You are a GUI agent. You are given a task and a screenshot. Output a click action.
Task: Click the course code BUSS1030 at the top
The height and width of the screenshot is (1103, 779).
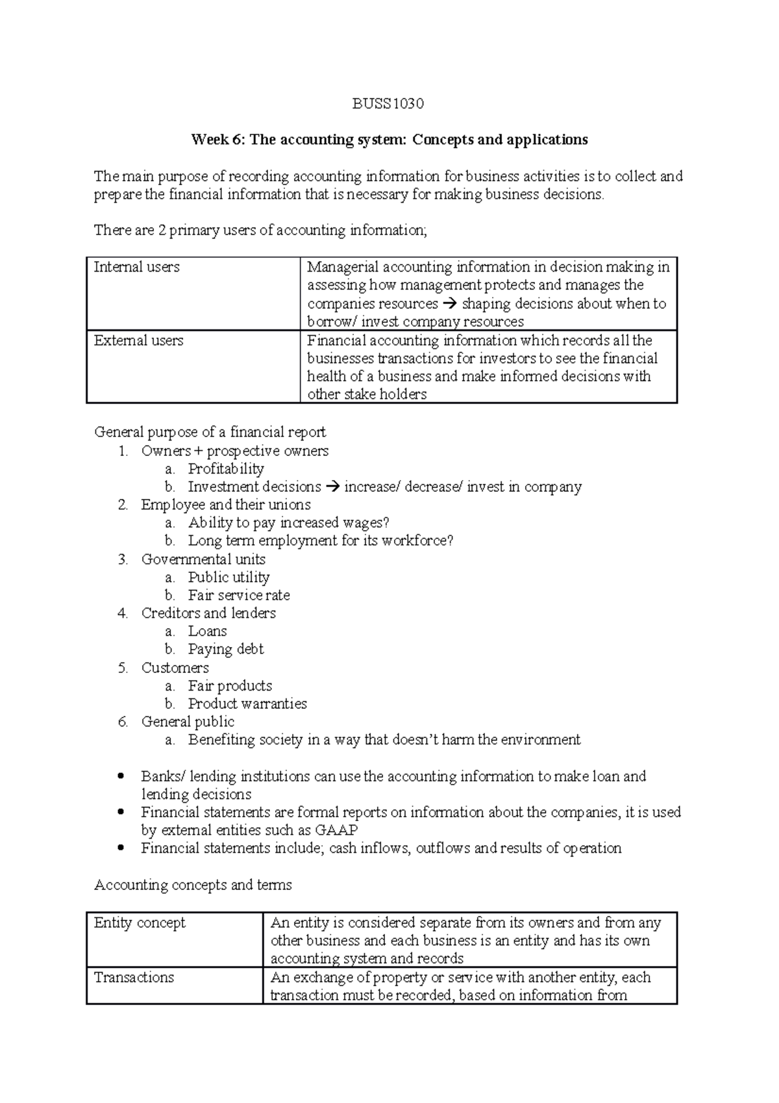pyautogui.click(x=388, y=104)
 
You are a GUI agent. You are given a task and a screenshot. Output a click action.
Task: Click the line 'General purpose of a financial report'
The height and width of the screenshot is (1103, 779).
pyautogui.click(x=210, y=432)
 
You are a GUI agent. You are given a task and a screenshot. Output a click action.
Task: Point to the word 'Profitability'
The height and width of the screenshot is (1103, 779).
pyautogui.click(x=226, y=469)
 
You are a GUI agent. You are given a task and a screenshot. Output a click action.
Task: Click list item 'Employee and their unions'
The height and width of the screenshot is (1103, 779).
pyautogui.click(x=225, y=505)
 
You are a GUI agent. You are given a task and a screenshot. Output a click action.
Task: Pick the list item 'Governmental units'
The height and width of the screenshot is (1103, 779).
pyautogui.click(x=203, y=559)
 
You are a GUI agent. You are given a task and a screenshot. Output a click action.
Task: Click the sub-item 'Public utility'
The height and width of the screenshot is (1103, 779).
pyautogui.click(x=229, y=577)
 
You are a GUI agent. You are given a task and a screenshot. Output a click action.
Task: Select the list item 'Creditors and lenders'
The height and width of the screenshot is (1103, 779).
pyautogui.click(x=208, y=613)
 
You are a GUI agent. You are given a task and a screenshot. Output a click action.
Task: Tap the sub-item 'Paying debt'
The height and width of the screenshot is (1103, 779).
pyautogui.click(x=226, y=649)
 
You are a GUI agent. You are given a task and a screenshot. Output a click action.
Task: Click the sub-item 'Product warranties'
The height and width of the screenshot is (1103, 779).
pyautogui.click(x=247, y=704)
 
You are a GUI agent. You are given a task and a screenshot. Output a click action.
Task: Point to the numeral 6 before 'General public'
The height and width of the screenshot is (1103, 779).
pyautogui.click(x=123, y=722)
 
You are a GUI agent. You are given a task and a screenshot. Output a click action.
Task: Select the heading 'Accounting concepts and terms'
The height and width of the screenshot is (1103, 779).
pyautogui.click(x=193, y=885)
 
